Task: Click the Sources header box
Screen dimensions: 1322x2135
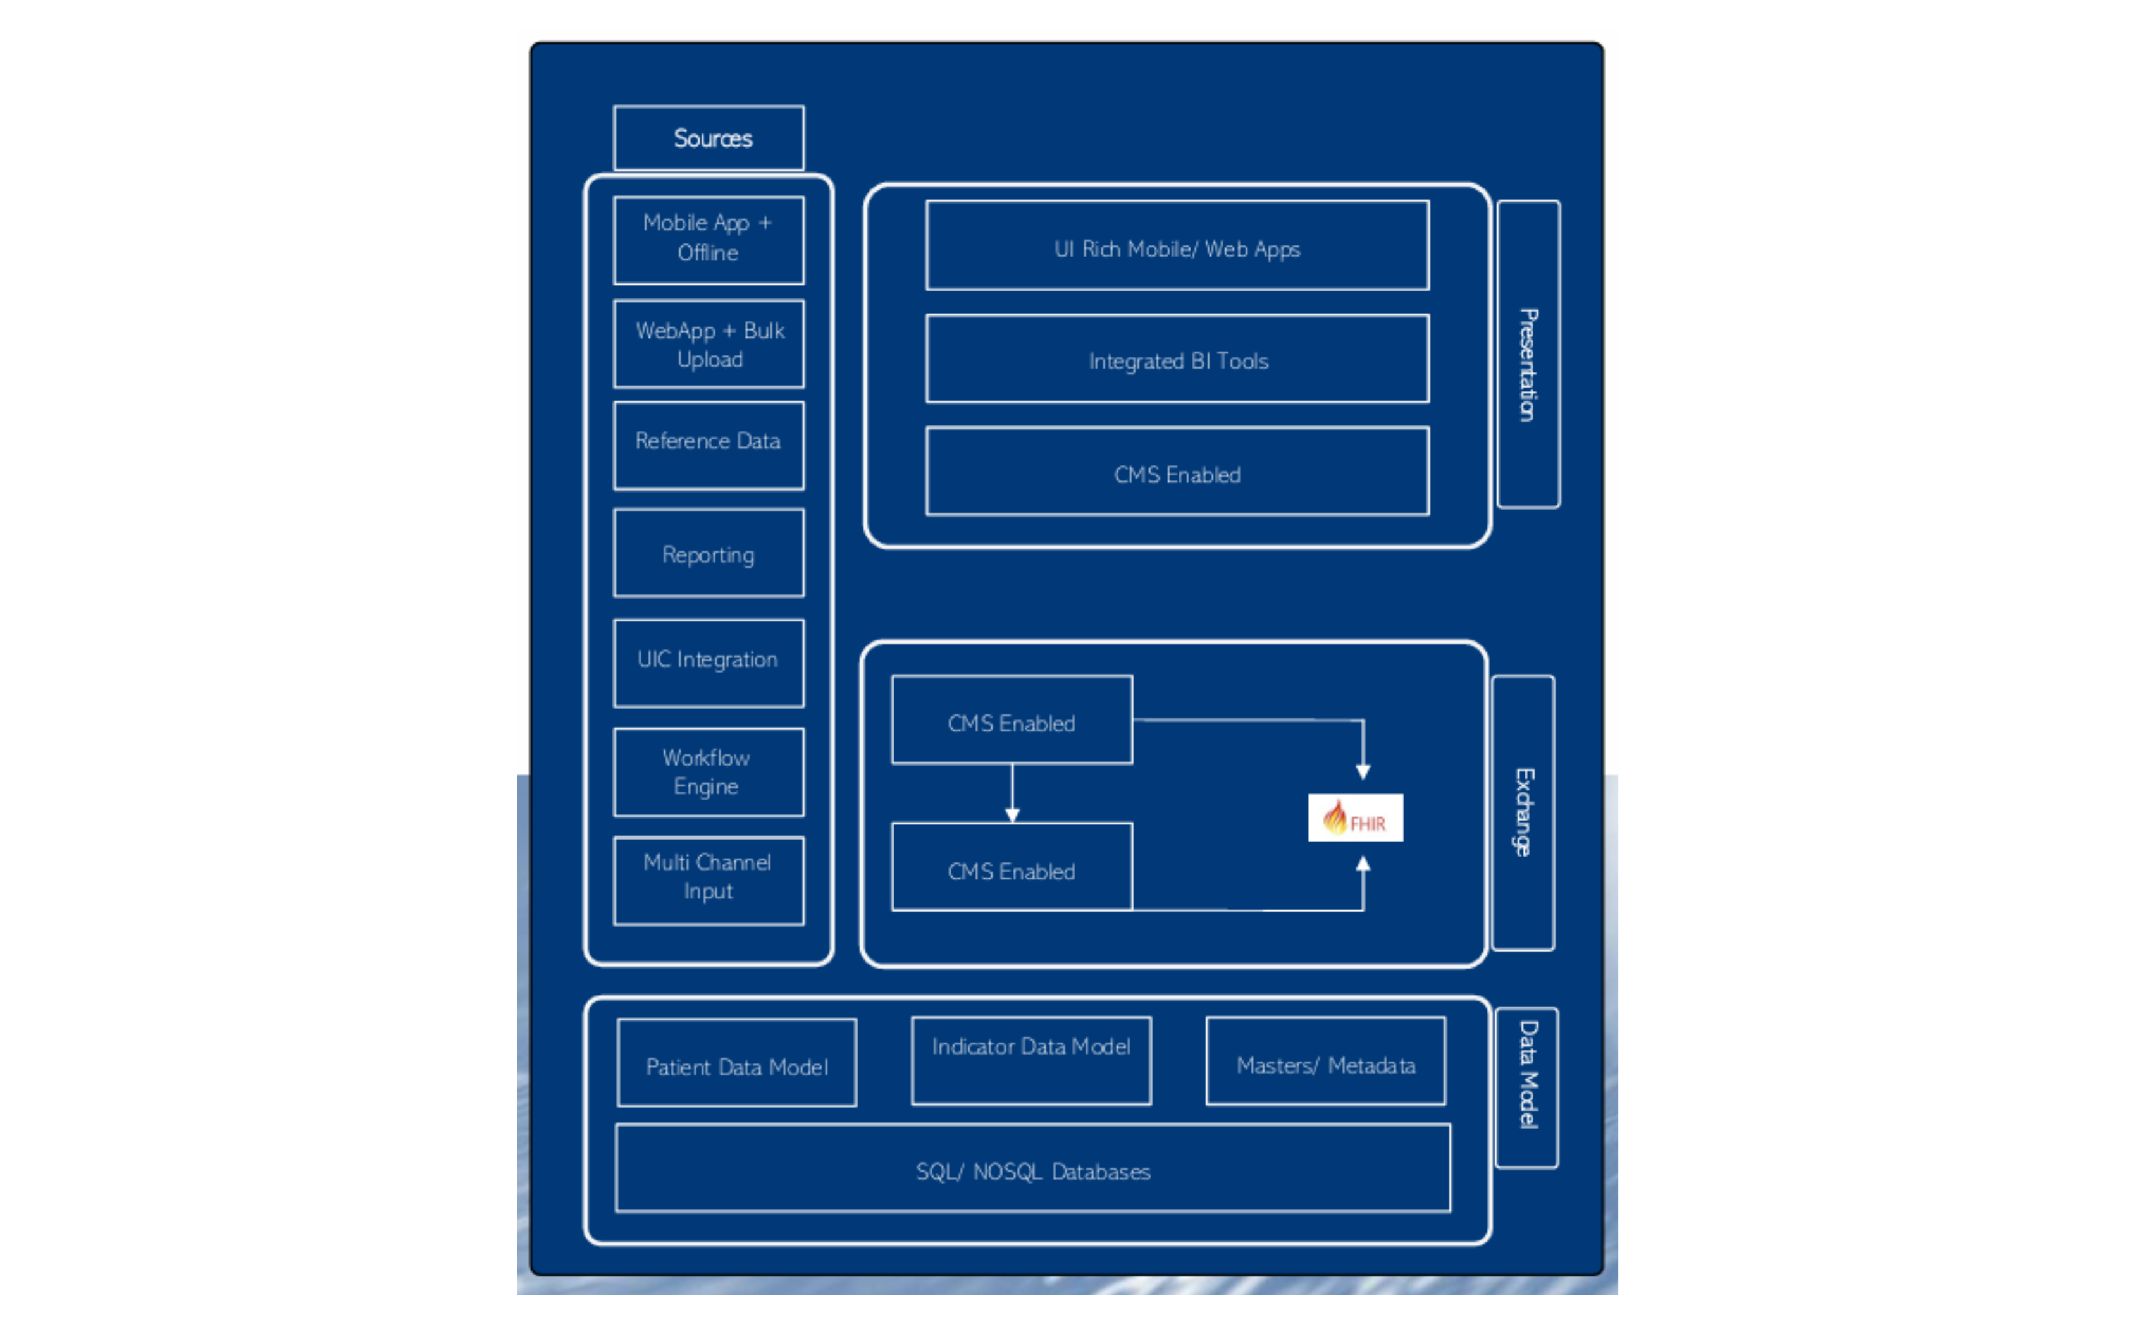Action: coord(709,138)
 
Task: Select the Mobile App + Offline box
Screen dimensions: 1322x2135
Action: coord(709,240)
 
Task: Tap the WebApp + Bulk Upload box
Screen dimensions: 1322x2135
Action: coord(709,343)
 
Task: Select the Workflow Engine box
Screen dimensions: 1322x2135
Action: coord(709,772)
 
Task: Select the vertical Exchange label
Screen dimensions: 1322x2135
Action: coord(1523,812)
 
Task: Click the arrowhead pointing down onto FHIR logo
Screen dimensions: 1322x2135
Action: coord(1363,771)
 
